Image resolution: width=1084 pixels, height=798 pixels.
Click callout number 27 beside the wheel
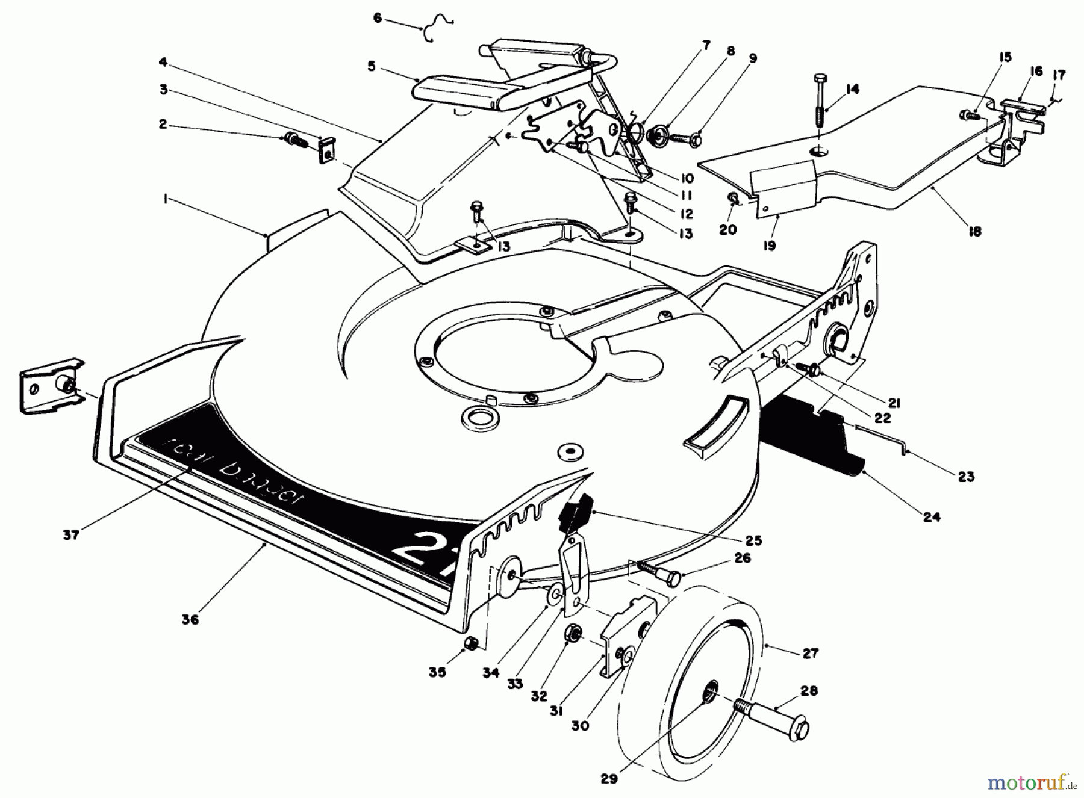pos(811,653)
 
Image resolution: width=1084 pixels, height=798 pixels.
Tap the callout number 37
pos(71,534)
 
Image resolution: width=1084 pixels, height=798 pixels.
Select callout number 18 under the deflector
pos(974,231)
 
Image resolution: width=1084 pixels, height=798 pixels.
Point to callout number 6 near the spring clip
pos(378,19)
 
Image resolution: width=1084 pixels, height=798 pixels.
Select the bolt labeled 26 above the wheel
pos(659,573)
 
